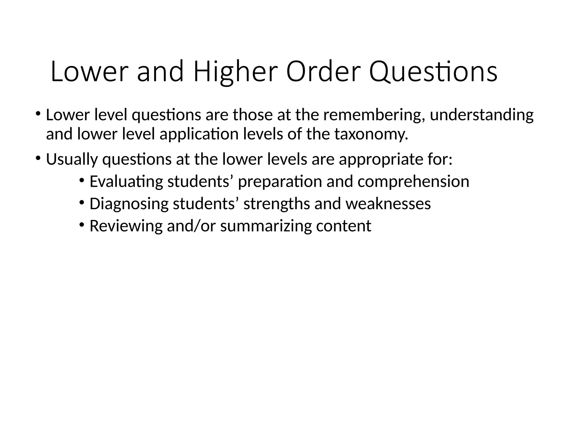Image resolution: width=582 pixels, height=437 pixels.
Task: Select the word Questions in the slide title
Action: click(x=433, y=73)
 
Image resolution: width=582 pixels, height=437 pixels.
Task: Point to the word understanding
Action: click(x=481, y=115)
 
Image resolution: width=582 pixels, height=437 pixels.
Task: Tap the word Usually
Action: click(x=72, y=159)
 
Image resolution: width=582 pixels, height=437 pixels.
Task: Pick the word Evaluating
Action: click(x=126, y=182)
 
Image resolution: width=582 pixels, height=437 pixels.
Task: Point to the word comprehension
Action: click(x=413, y=182)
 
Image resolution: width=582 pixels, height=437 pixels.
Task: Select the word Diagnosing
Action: click(x=129, y=204)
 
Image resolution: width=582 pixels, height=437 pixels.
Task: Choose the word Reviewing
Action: click(x=126, y=226)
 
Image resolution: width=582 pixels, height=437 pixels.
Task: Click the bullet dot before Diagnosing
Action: click(x=82, y=202)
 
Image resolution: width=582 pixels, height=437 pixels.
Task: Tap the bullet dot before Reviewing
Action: click(x=82, y=224)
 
